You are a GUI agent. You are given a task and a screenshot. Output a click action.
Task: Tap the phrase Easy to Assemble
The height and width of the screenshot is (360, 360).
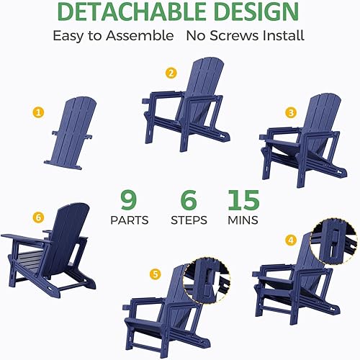pos(113,35)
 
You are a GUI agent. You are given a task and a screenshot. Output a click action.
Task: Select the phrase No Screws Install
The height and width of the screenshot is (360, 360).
pos(245,35)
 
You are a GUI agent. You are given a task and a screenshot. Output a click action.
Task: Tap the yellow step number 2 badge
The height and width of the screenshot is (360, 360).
pos(171,73)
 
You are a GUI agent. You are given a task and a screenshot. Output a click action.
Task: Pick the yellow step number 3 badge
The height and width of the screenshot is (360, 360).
pos(291,112)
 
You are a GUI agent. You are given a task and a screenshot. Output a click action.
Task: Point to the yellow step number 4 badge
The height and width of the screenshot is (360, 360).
pos(291,240)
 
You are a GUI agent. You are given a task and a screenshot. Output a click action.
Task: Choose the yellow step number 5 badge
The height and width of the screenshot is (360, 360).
pos(154,274)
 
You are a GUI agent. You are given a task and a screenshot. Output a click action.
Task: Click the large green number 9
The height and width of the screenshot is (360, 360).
pos(127,199)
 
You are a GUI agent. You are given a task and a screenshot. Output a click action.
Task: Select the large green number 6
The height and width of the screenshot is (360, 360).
pos(188,199)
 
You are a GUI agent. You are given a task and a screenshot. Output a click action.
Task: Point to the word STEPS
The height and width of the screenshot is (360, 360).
pos(189,220)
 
